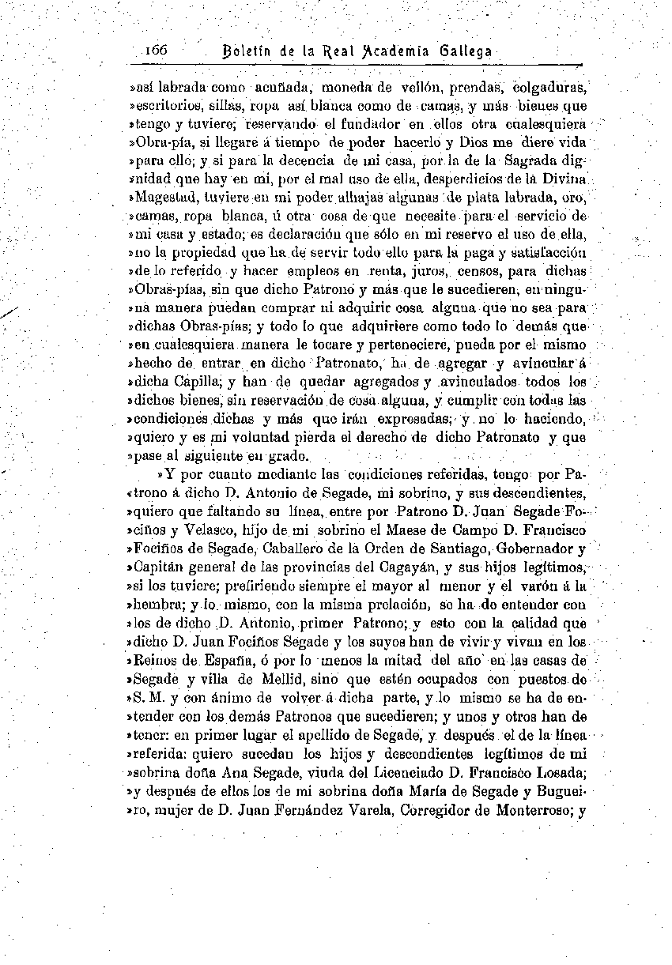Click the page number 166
[x=157, y=50]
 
